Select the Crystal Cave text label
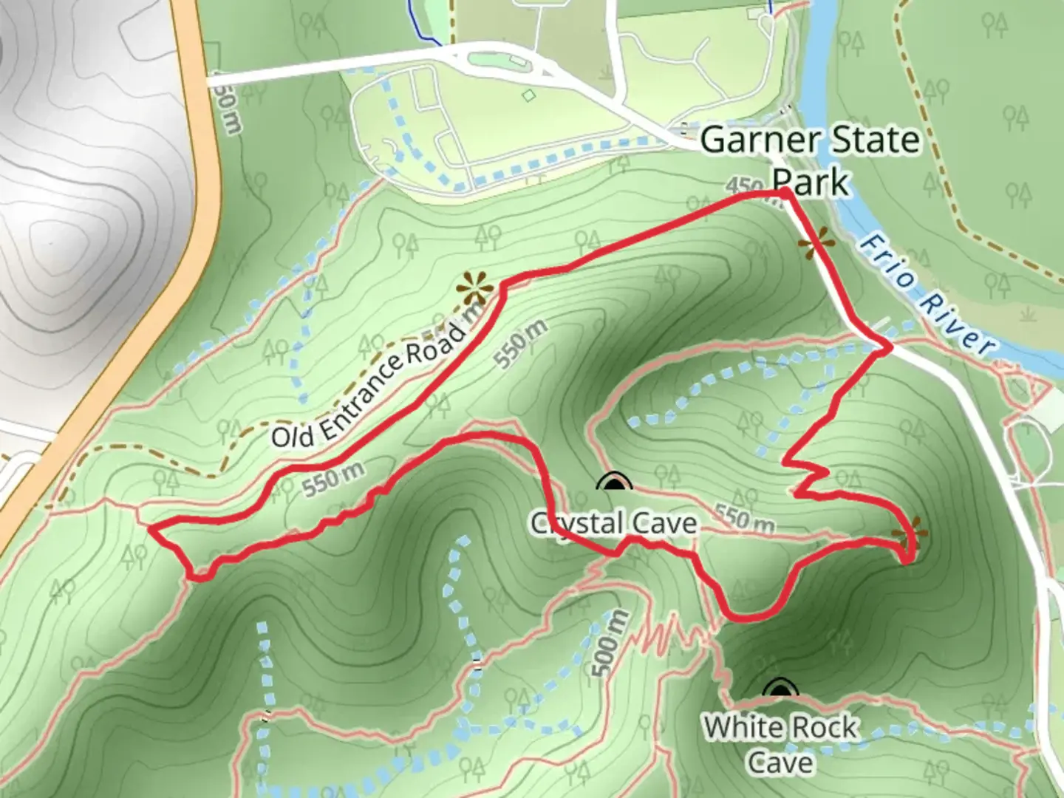tap(613, 523)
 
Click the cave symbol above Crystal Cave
tap(614, 483)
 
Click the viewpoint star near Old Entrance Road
tap(474, 287)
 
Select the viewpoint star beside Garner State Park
tap(816, 243)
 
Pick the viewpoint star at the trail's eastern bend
tap(908, 533)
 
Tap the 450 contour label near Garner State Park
tap(745, 186)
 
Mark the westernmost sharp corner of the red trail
tap(151, 528)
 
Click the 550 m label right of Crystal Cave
tap(745, 519)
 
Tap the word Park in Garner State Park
tap(811, 181)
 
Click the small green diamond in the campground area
tap(528, 95)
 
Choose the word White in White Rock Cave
tap(740, 728)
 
